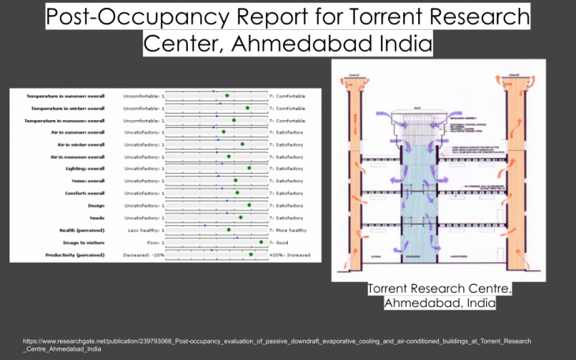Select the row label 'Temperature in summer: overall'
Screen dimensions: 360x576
point(69,96)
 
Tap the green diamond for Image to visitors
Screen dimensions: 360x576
point(261,242)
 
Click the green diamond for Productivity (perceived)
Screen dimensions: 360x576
point(251,255)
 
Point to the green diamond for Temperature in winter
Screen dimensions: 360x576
point(247,108)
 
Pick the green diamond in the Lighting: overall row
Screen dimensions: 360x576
point(249,169)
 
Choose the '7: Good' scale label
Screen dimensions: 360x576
point(280,242)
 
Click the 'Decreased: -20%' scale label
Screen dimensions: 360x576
point(143,255)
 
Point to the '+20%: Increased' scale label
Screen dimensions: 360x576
point(290,255)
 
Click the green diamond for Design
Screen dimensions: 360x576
point(249,205)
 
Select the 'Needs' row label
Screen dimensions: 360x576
point(95,218)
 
